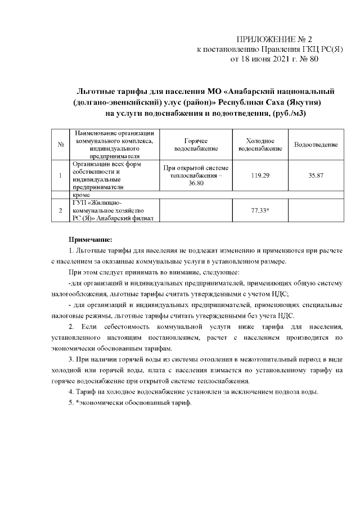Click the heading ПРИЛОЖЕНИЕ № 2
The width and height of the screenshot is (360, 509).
point(274,39)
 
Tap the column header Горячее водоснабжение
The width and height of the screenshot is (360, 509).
point(196,145)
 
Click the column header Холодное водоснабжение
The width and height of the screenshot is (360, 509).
point(260,145)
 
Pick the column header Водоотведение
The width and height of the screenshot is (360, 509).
point(316,145)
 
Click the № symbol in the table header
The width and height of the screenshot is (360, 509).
point(60,145)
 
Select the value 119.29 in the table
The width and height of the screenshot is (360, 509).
point(260,175)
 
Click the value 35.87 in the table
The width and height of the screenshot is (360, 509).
point(316,175)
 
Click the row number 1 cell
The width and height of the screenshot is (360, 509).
point(60,175)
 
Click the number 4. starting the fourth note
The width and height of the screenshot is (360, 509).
point(71,391)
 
